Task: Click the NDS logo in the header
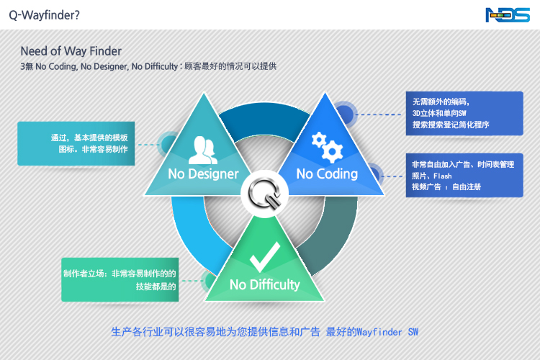[508, 14]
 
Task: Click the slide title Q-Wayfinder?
[45, 14]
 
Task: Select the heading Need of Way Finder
[71, 51]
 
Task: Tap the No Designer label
[203, 174]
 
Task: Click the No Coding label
[327, 174]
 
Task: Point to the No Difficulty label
[264, 284]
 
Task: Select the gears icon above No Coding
[327, 147]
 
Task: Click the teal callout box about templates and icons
[76, 143]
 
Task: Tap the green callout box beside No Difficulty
[120, 280]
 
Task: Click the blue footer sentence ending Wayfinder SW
[264, 332]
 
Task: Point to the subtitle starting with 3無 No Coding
[148, 66]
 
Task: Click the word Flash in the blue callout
[442, 176]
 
